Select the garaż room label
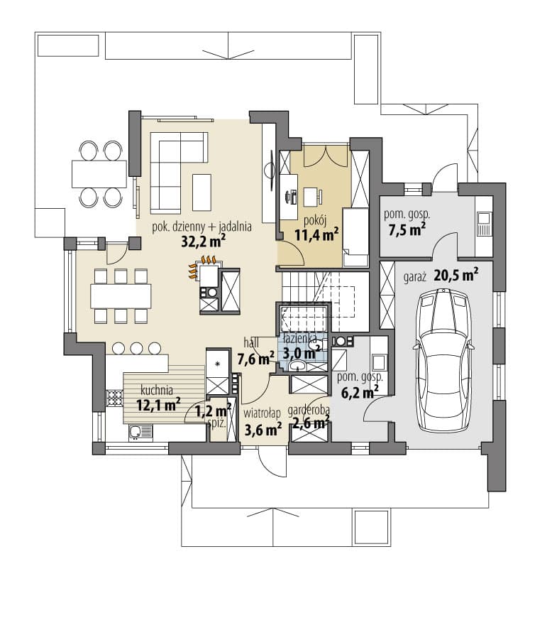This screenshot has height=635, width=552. pos(415,278)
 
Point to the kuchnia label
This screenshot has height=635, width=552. pos(157,391)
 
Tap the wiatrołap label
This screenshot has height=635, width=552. pos(262,413)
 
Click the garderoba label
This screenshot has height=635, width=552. pos(309,411)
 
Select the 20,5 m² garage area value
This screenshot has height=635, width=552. pos(456,275)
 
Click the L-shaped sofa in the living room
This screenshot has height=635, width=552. pos(179,173)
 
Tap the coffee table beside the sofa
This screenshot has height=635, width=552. pos(202,192)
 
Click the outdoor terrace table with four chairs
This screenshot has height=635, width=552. pos(99,174)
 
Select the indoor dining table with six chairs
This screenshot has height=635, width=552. pos(121,296)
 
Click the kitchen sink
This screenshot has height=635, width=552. pos(140,433)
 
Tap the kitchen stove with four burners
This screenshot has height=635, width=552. pos(115,398)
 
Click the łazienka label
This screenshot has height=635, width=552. pos(300,338)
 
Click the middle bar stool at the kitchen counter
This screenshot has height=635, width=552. pos(137,348)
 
